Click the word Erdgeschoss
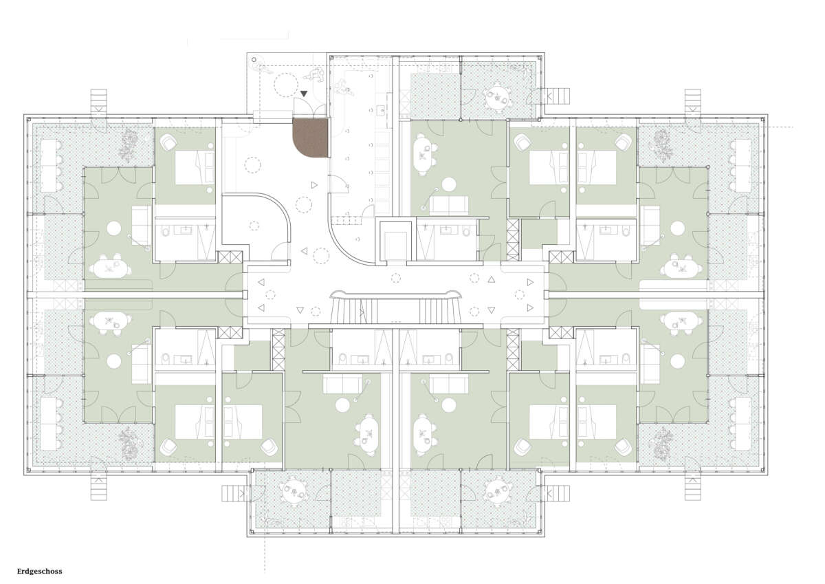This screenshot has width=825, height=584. pos(40,572)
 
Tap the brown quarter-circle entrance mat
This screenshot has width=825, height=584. pos(310,138)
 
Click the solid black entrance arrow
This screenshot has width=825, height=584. pos(303,94)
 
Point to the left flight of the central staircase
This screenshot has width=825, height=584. pos(354,312)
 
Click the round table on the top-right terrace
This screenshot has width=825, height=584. pos(497,98)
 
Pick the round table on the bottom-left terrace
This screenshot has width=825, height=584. pos(294,492)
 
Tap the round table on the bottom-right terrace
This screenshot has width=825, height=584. pos(497,492)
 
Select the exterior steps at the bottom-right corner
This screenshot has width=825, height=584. pos(693,488)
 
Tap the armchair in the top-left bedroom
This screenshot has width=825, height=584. pos(169,142)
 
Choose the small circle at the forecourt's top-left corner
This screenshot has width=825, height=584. pos(254,59)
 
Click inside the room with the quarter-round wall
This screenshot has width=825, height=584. pos(254,225)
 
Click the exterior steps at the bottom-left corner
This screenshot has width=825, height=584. pos(99,488)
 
